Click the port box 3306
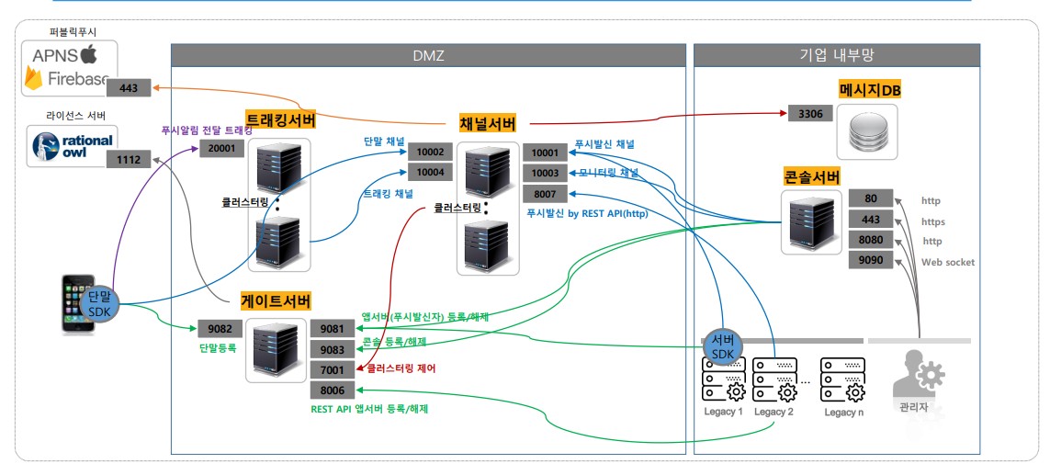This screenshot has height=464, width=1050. (811, 114)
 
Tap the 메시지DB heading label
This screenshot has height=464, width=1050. (868, 89)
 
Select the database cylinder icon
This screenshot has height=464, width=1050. (867, 133)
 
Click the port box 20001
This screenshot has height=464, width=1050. (221, 148)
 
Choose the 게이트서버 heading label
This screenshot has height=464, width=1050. (276, 300)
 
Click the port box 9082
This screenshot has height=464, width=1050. (220, 327)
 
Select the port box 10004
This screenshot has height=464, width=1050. (430, 172)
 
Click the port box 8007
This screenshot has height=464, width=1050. (545, 194)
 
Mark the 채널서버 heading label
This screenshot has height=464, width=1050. (487, 123)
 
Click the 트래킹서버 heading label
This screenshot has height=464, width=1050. (281, 120)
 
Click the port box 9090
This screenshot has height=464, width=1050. (870, 260)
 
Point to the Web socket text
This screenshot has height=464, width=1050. (947, 262)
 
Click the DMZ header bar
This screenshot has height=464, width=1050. (428, 56)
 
